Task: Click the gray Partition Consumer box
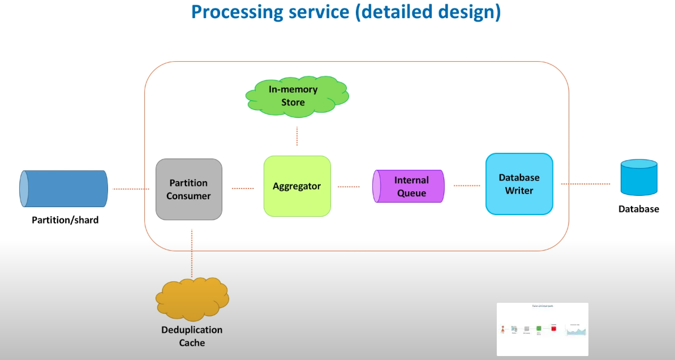[189, 189]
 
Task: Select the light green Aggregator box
[297, 186]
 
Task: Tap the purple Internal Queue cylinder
[409, 186]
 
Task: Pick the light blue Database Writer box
[519, 184]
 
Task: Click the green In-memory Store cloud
[295, 96]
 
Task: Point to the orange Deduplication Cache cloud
[192, 298]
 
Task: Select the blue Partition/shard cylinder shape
[63, 188]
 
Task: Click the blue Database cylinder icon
[639, 177]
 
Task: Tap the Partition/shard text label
[65, 220]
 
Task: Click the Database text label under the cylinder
[639, 209]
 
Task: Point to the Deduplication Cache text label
[192, 336]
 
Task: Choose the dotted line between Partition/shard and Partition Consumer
[131, 189]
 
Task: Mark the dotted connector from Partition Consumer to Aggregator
[243, 188]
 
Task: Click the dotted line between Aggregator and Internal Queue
[349, 186]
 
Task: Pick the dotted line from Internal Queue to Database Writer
[466, 185]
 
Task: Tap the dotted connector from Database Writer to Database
[586, 184]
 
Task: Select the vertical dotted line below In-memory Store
[297, 136]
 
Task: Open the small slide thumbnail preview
[543, 329]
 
